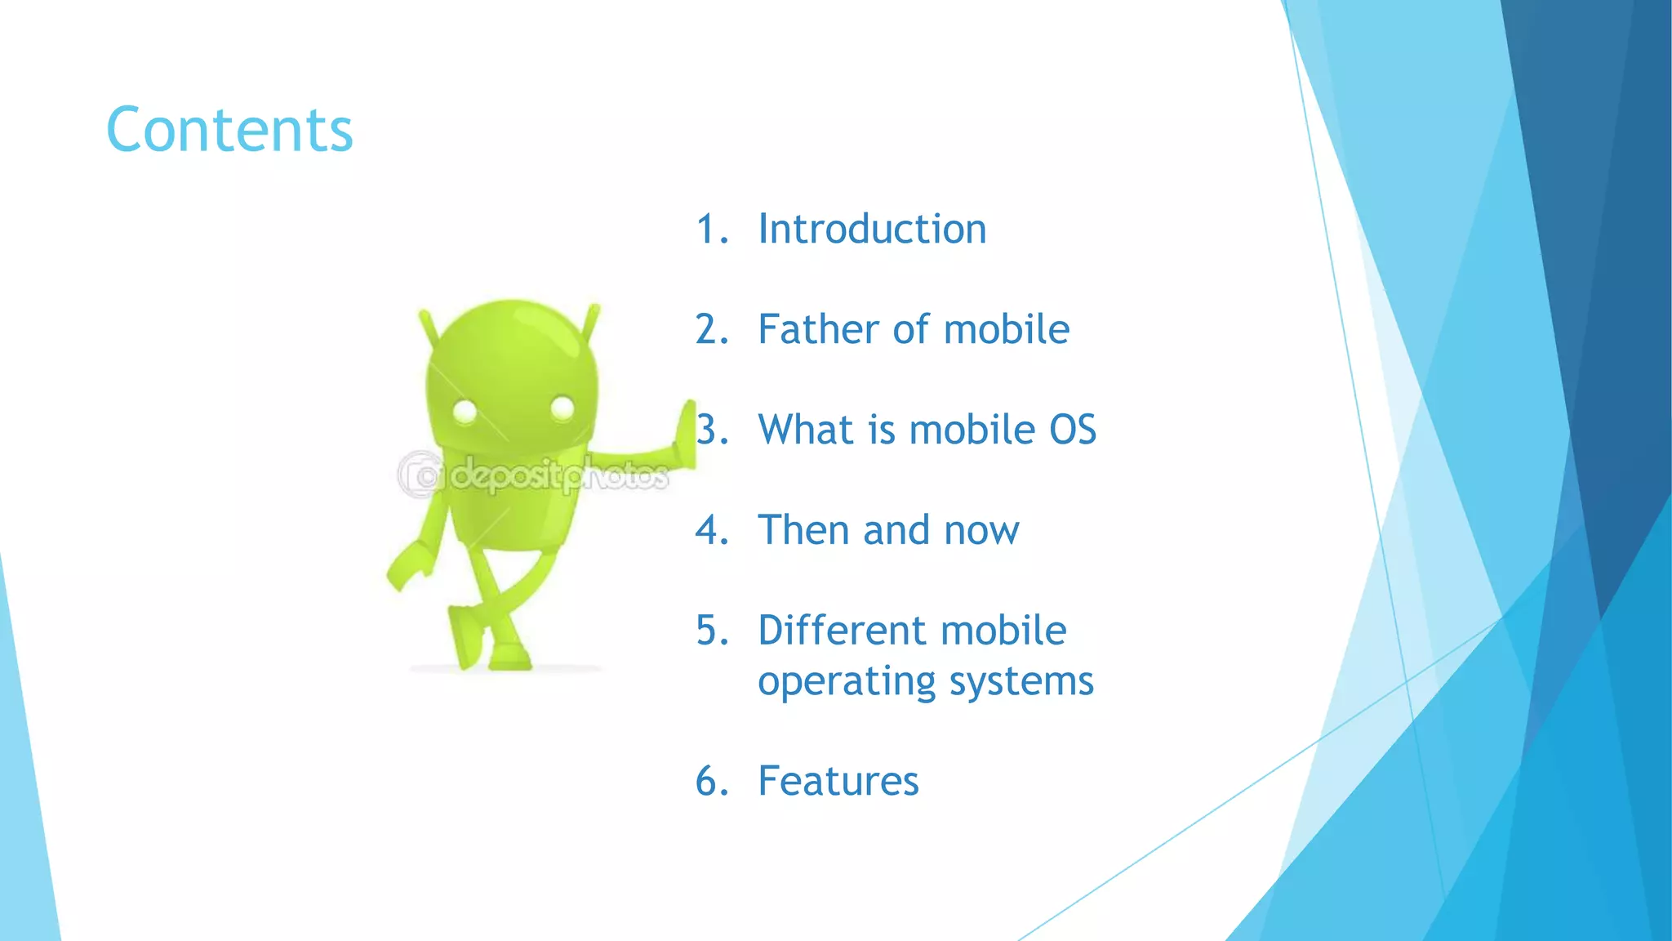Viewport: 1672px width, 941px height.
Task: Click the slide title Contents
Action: pyautogui.click(x=229, y=130)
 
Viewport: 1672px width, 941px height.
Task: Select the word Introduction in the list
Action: pyautogui.click(x=872, y=229)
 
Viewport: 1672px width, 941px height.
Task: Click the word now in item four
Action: pyautogui.click(x=981, y=532)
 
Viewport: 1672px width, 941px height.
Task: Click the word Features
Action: pyautogui.click(x=838, y=781)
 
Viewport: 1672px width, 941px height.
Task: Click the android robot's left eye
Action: pyautogui.click(x=465, y=411)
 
